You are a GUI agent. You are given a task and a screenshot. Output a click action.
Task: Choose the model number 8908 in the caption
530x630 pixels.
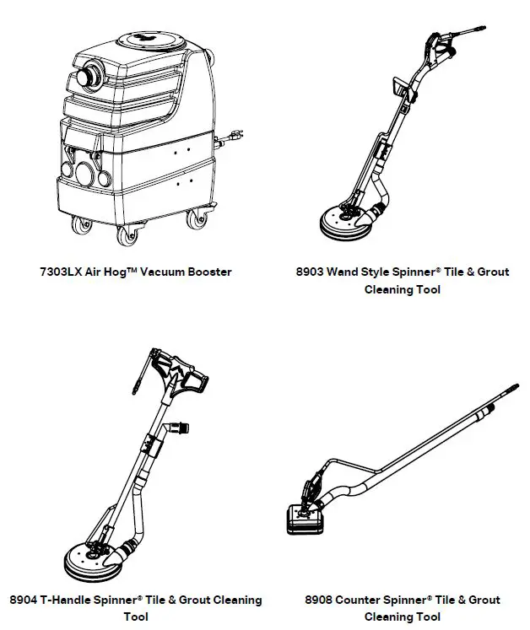pyautogui.click(x=321, y=600)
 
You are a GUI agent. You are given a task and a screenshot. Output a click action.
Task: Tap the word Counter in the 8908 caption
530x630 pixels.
pyautogui.click(x=364, y=600)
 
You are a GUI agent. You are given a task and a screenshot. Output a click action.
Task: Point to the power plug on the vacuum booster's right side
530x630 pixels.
pyautogui.click(x=237, y=132)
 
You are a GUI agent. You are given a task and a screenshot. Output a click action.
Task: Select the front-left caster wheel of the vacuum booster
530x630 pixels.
pyautogui.click(x=82, y=227)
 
